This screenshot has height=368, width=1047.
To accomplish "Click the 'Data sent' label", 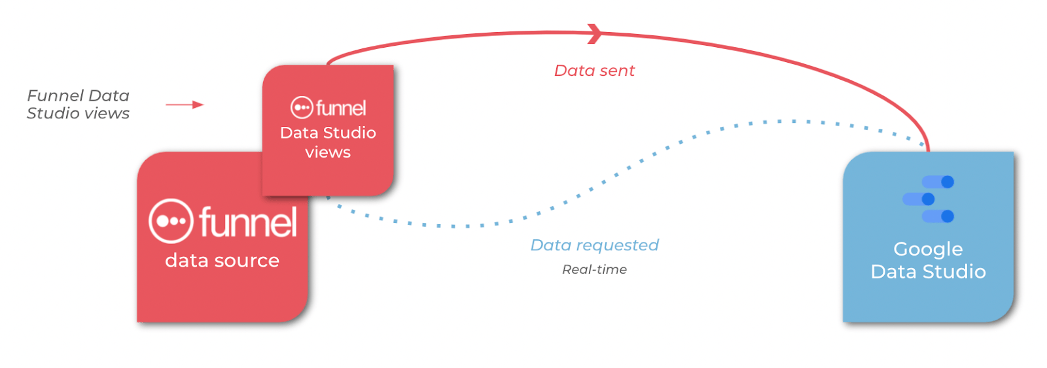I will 594,71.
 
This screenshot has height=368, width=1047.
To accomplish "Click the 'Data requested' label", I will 594,245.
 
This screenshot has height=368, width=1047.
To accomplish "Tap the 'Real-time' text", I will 594,269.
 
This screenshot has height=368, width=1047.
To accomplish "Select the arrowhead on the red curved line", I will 594,33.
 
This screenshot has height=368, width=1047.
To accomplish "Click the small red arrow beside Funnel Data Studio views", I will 185,105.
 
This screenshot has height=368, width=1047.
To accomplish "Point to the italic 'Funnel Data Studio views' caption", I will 78,105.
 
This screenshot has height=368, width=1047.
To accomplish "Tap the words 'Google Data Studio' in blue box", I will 928,260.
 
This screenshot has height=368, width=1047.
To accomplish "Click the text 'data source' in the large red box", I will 222,261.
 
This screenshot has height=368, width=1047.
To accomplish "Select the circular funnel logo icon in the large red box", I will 171,221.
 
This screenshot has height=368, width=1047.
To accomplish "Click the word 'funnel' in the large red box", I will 249,222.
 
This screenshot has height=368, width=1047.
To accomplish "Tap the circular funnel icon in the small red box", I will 302,107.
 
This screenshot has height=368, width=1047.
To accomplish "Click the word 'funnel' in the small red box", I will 341,108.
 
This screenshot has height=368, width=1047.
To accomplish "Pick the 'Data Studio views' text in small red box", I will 328,142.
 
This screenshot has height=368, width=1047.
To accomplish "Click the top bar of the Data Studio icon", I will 938,182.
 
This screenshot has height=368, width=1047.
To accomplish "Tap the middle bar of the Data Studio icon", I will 918,199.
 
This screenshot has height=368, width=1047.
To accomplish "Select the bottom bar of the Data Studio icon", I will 938,216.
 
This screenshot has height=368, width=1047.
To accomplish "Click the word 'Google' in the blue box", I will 928,249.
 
